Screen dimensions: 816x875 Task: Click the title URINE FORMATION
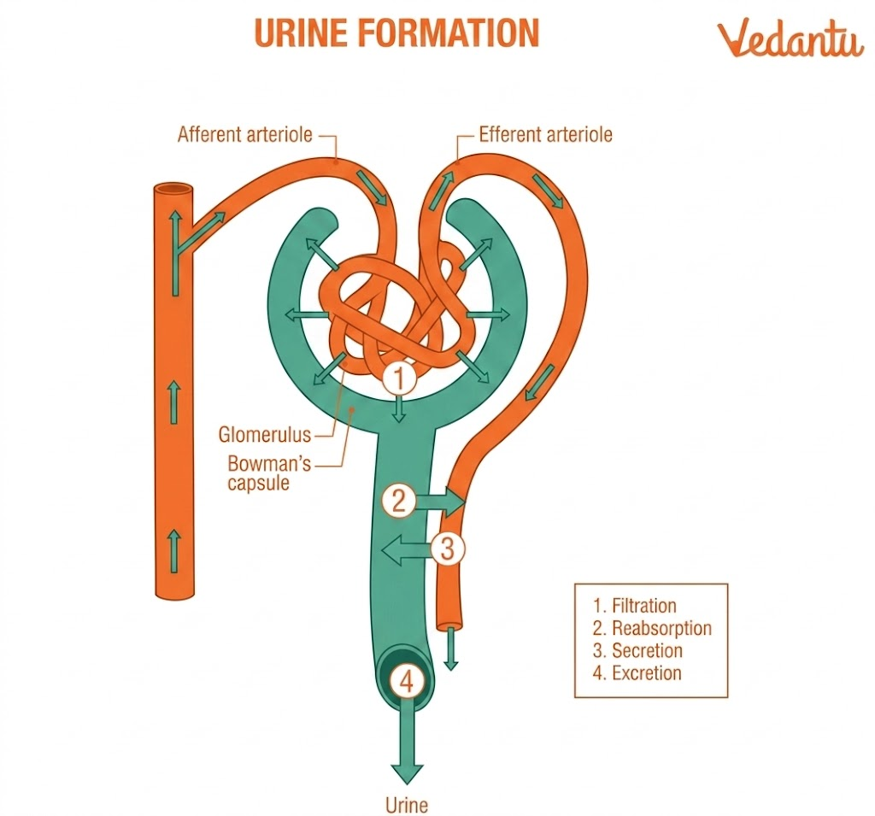coord(396,33)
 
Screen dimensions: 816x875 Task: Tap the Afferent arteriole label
coord(244,134)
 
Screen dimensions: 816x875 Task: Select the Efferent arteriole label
coord(545,134)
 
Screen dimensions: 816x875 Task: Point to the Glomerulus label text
coord(264,434)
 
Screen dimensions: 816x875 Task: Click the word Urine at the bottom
coord(406,804)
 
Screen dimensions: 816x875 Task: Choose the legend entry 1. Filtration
coord(634,606)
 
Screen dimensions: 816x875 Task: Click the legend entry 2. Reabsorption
coord(651,628)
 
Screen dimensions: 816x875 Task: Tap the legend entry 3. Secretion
coord(637,650)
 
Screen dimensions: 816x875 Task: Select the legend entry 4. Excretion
coord(637,672)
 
